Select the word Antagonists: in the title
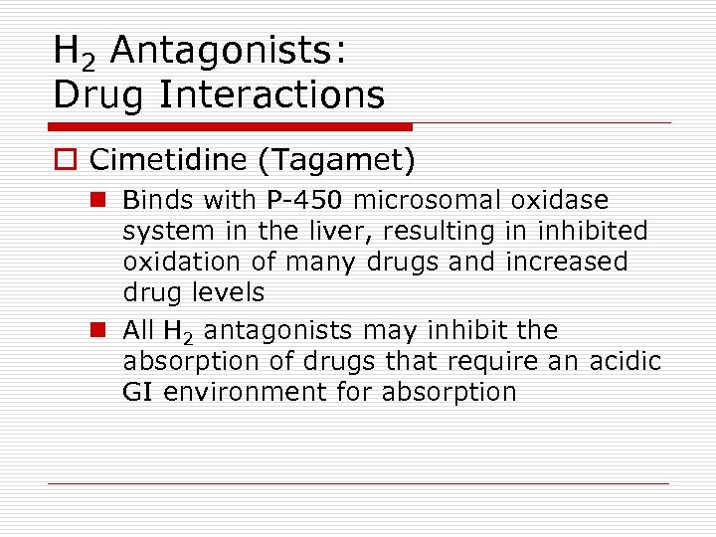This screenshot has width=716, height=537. point(228,50)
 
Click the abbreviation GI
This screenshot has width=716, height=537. point(139,392)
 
